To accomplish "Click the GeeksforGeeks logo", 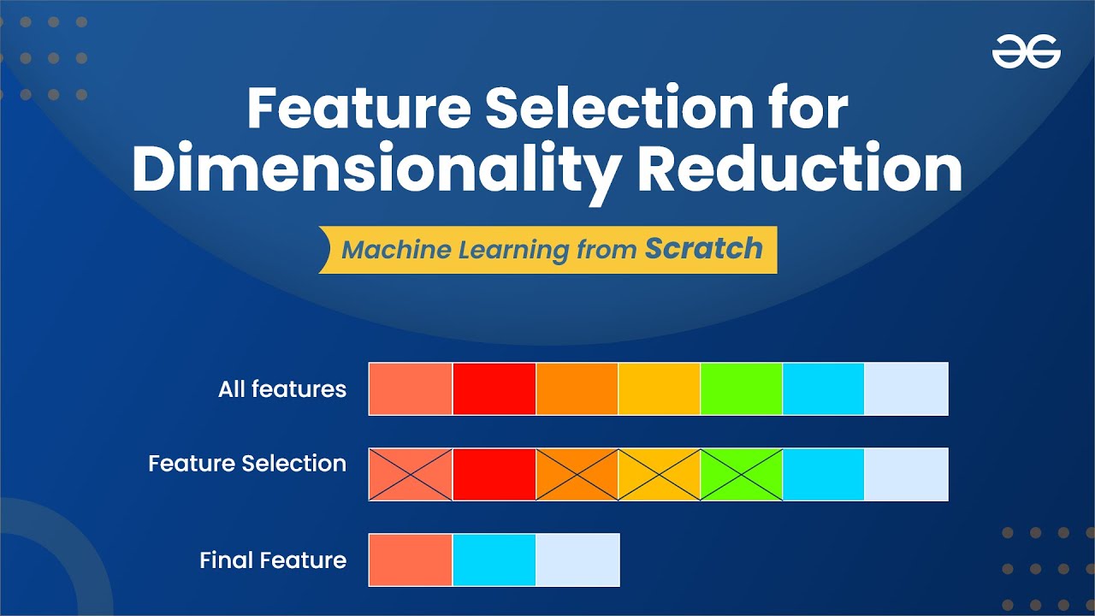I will pyautogui.click(x=1026, y=55).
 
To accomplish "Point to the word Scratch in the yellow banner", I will pyautogui.click(x=703, y=249).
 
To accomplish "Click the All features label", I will pyautogui.click(x=282, y=389).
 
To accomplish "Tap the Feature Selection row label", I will pyautogui.click(x=247, y=464).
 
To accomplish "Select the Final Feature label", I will pyautogui.click(x=273, y=560).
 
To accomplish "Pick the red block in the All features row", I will pyautogui.click(x=494, y=388).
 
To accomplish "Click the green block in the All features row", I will pyautogui.click(x=741, y=388).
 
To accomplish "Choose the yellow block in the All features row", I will pyautogui.click(x=659, y=388).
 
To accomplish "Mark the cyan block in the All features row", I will pyautogui.click(x=823, y=388).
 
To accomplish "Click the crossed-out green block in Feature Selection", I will pyautogui.click(x=741, y=474).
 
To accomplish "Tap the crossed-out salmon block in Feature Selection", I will pyautogui.click(x=411, y=474).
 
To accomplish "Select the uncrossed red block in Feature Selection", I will pyautogui.click(x=494, y=474).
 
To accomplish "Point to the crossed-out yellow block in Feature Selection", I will pyautogui.click(x=659, y=474).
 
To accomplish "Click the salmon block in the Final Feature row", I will pyautogui.click(x=411, y=560).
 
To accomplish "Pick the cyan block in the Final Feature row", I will pyautogui.click(x=494, y=560).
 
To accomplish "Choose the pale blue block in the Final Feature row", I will pyautogui.click(x=577, y=560).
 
